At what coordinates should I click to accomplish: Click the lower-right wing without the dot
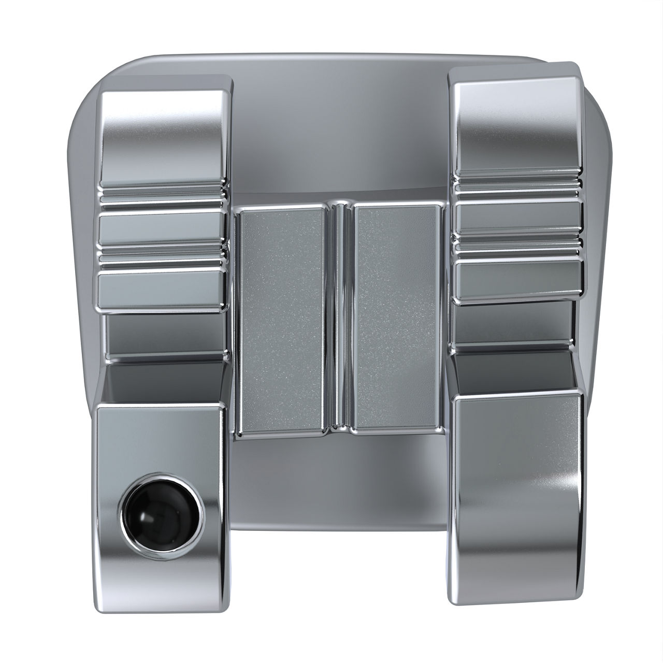(518, 466)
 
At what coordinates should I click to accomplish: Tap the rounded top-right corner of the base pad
(596, 104)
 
